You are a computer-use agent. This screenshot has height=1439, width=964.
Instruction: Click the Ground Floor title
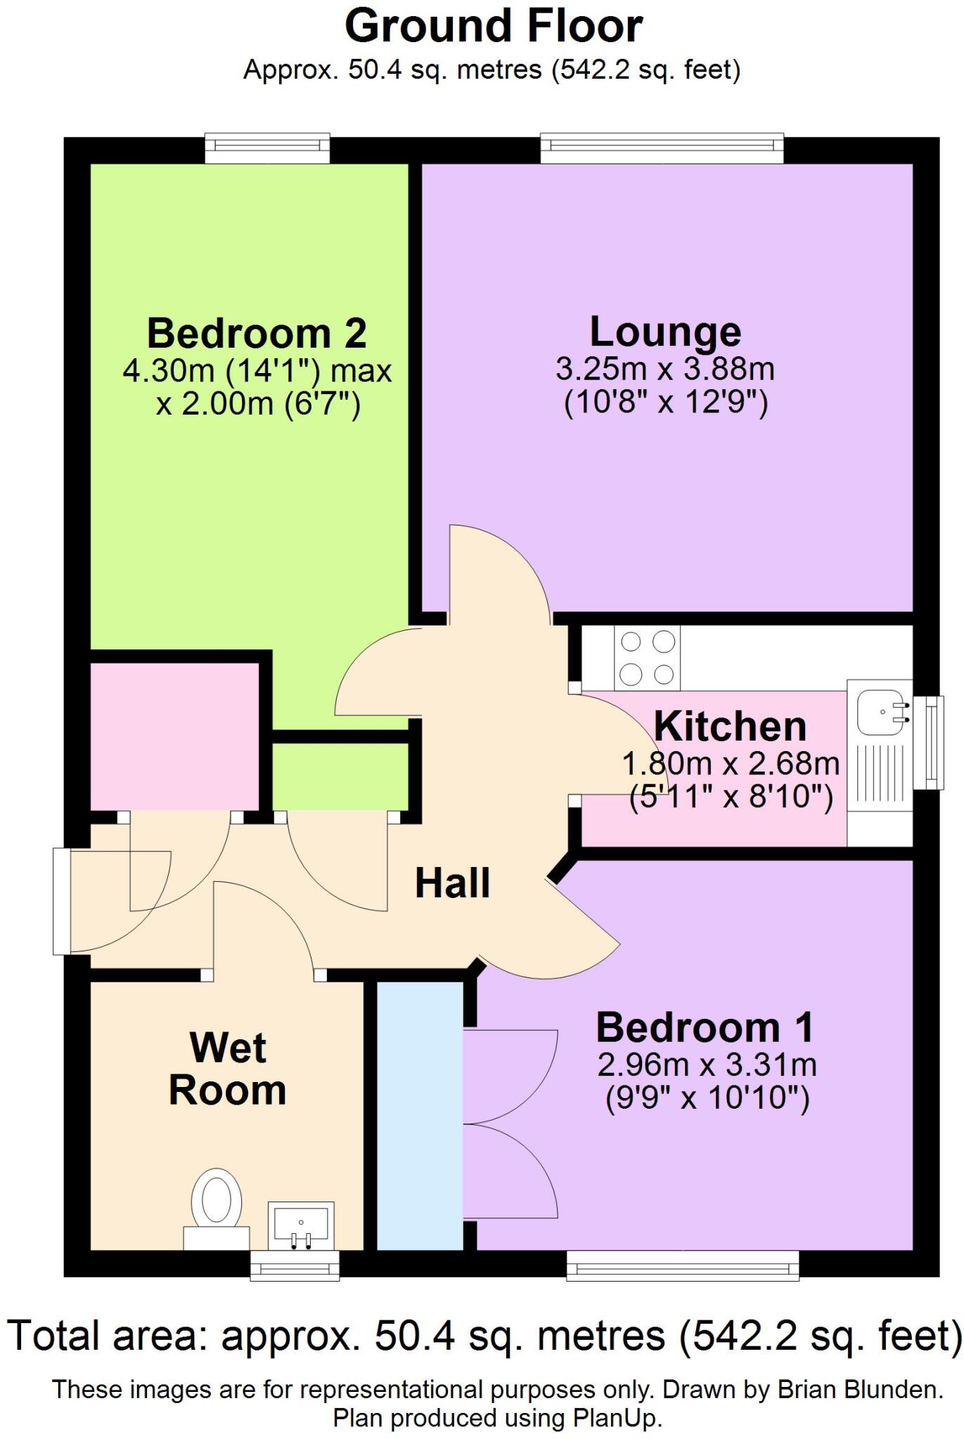tap(493, 27)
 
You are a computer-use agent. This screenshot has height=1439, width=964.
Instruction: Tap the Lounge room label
tap(664, 332)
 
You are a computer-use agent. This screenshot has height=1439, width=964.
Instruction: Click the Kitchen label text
tap(730, 727)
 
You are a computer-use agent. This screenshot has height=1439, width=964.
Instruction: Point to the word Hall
tap(452, 883)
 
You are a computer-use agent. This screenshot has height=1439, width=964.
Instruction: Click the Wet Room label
tap(227, 1069)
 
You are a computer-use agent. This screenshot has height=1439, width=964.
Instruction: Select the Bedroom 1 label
tap(705, 1028)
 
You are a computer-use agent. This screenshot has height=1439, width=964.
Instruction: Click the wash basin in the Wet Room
tap(301, 1223)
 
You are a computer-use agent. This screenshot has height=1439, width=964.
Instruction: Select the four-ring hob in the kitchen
tap(647, 658)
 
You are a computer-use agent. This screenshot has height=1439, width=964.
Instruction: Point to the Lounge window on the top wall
tap(662, 148)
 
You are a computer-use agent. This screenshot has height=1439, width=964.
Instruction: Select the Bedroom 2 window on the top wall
tap(267, 148)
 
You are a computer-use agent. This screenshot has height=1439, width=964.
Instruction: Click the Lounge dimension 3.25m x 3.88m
tap(664, 369)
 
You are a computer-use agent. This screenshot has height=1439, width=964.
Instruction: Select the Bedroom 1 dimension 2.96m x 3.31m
tap(707, 1065)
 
